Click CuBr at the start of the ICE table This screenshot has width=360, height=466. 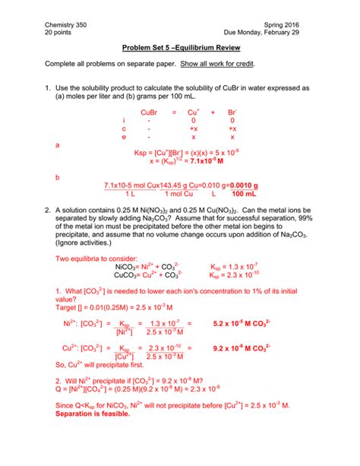coord(149,112)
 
